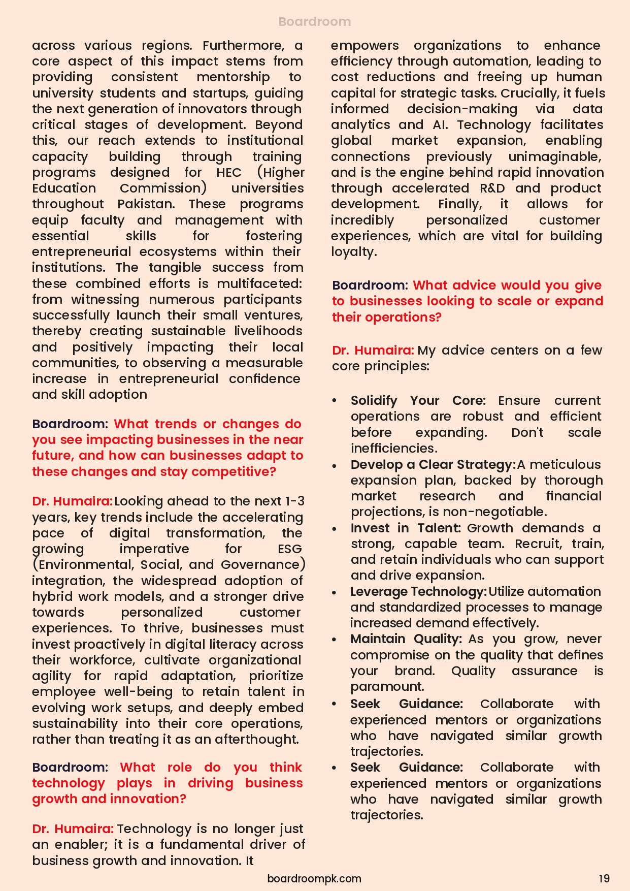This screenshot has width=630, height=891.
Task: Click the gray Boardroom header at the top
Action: tap(314, 22)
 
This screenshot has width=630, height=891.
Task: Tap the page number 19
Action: tap(604, 878)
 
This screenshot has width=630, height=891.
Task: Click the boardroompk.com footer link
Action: tap(314, 878)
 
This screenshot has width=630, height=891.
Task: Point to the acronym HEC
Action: tap(229, 173)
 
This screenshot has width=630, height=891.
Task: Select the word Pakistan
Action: tap(146, 204)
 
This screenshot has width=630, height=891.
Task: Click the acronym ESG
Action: tap(290, 549)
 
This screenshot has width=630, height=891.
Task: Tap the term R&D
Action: tap(492, 188)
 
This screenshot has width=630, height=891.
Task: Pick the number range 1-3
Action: tap(294, 501)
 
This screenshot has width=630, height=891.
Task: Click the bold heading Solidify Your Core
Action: tap(418, 401)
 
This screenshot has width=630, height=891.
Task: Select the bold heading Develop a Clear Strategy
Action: tap(433, 465)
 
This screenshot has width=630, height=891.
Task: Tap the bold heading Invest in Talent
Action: tap(405, 528)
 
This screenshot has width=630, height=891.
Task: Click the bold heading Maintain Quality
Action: tap(406, 639)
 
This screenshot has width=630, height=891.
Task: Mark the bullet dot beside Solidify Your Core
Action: tap(334, 401)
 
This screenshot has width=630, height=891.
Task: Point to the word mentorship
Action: tap(233, 77)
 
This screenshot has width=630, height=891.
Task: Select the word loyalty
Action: tap(353, 252)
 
